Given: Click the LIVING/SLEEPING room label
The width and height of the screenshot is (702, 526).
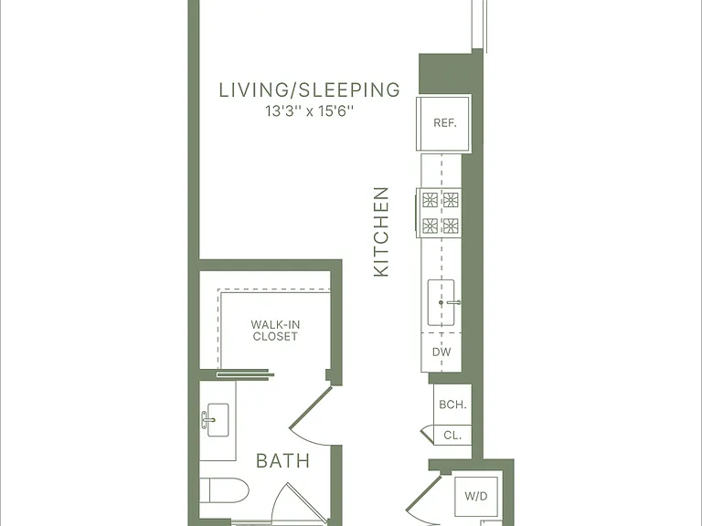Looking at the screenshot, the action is click(309, 89).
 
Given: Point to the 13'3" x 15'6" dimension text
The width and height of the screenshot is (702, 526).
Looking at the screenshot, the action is click(309, 110).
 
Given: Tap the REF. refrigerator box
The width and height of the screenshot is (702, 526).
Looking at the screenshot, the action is click(443, 123).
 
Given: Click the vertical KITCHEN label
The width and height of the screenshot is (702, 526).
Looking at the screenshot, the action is click(381, 232).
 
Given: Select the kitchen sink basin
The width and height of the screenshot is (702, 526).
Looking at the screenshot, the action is click(441, 303).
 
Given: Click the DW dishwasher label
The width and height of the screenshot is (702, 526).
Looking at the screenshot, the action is click(441, 352).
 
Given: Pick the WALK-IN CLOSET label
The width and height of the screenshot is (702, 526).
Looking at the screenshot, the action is click(275, 331).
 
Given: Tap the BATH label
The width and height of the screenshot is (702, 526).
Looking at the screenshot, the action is click(283, 460).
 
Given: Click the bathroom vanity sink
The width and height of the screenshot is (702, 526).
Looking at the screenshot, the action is click(218, 420).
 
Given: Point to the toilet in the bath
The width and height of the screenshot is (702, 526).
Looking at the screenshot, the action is click(224, 490).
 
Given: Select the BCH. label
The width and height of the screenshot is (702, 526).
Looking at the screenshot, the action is click(452, 405).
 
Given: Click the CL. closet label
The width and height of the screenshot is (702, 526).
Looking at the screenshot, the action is click(452, 436).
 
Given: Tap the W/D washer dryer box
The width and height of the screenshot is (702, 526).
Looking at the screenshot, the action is click(476, 496).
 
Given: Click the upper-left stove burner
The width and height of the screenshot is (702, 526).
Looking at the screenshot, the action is click(431, 199).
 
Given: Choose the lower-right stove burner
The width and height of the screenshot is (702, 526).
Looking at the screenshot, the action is click(451, 226).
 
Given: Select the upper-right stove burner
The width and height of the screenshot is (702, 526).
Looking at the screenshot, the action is click(451, 199).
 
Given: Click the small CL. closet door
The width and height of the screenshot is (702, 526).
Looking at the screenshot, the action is click(428, 435).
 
